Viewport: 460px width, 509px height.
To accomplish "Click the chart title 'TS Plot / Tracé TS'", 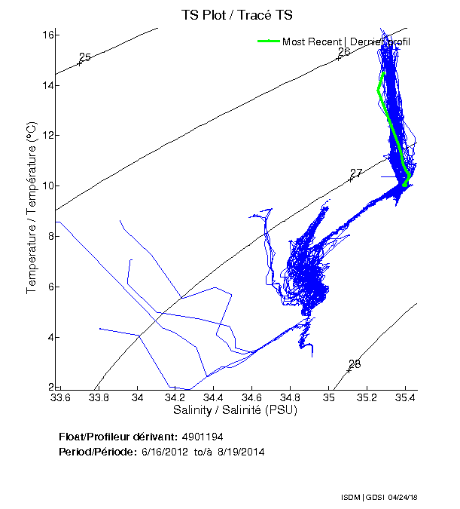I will (x=236, y=15).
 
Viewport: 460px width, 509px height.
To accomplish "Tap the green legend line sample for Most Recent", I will (x=268, y=41).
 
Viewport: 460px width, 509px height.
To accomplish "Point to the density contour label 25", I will (x=85, y=57).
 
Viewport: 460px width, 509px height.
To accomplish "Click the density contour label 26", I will (x=344, y=52).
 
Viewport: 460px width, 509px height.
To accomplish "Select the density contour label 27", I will (x=356, y=173).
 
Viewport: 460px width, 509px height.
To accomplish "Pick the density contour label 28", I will (x=355, y=364).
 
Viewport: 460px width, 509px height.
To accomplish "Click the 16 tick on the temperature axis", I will (x=46, y=35).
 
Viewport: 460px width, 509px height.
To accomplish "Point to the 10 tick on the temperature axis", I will (x=46, y=186).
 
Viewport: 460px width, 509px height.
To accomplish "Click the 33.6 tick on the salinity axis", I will (x=60, y=396).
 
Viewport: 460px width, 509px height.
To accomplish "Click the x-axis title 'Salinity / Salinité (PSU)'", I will (x=236, y=410).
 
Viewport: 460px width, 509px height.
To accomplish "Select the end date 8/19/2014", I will (x=241, y=452).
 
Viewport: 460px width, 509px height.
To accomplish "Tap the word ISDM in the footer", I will (x=351, y=498).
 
